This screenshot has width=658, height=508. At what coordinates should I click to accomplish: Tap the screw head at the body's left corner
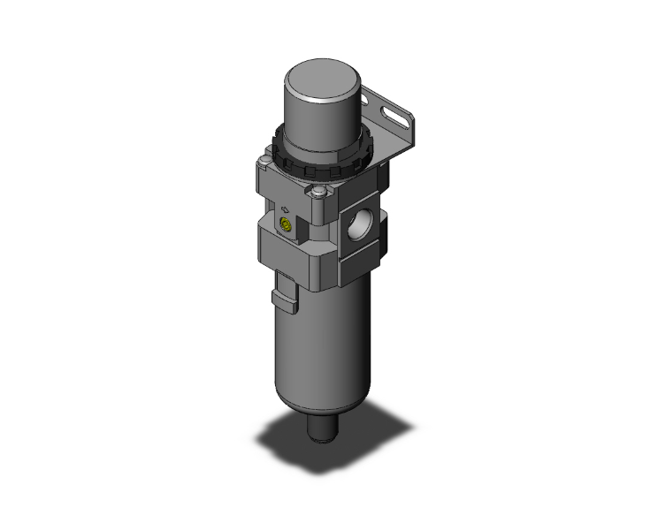click(x=264, y=163)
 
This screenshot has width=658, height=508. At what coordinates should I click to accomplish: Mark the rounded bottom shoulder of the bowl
click(x=324, y=402)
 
